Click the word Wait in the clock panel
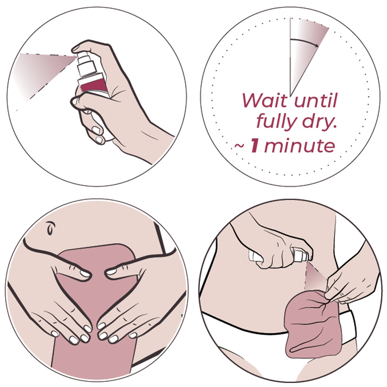(265, 101)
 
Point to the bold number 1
(255, 146)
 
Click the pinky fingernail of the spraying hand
(99, 140)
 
